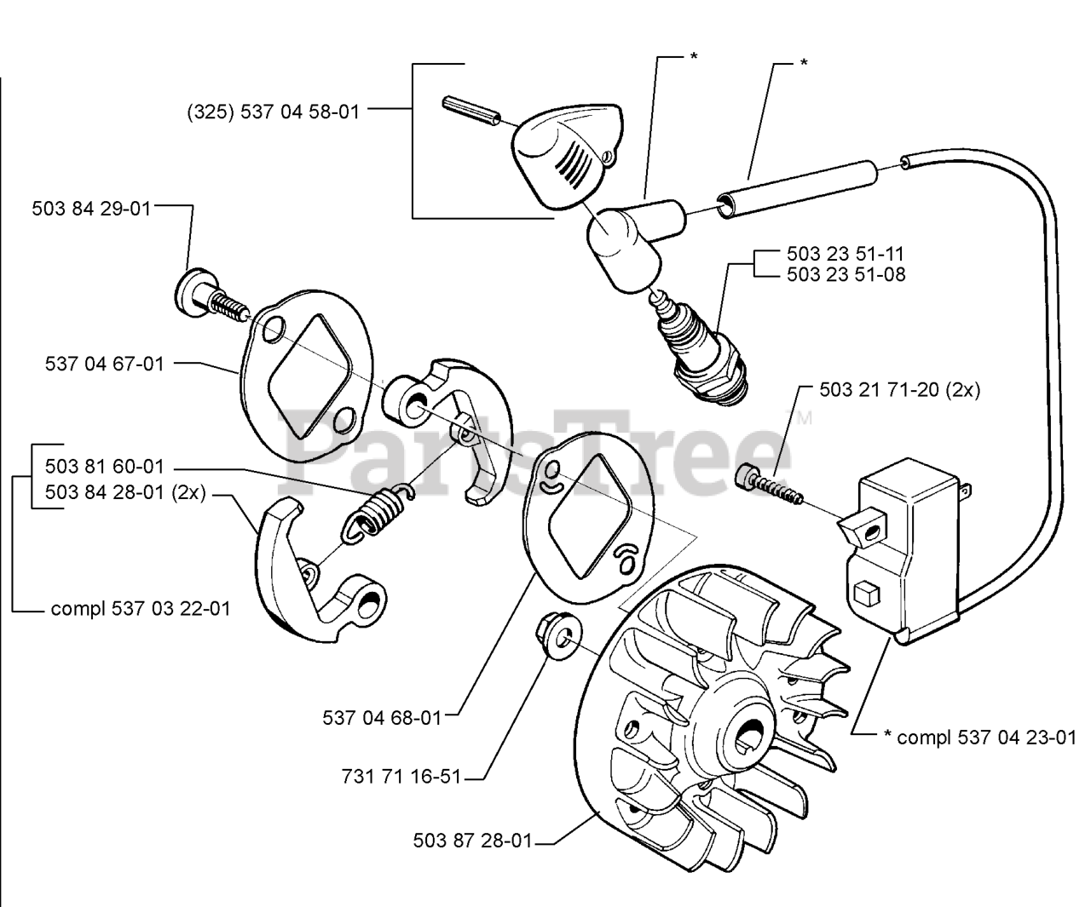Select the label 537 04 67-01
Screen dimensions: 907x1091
[x=104, y=364]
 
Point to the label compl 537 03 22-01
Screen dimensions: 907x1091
[x=141, y=609]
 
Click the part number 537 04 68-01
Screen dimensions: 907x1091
[x=383, y=718]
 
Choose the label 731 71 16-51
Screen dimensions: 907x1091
[x=401, y=777]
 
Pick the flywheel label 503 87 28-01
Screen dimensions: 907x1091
[x=472, y=841]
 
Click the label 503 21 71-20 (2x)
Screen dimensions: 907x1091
[x=899, y=390]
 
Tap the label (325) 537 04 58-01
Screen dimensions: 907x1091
[x=273, y=111]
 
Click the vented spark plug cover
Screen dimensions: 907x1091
[x=567, y=153]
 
